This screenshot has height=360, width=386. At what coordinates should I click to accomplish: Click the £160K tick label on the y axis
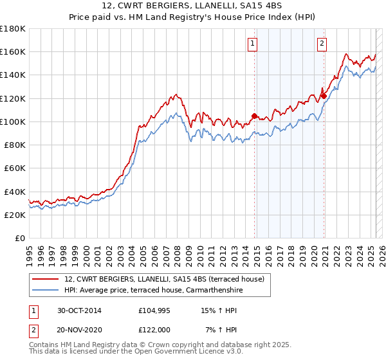(x=13, y=51)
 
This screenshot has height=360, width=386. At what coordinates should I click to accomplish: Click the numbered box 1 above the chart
(x=252, y=44)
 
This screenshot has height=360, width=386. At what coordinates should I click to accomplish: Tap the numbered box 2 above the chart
(x=321, y=44)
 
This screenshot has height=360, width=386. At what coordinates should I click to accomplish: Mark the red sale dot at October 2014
(x=254, y=116)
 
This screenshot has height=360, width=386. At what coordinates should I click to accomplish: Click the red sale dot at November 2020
(x=324, y=96)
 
